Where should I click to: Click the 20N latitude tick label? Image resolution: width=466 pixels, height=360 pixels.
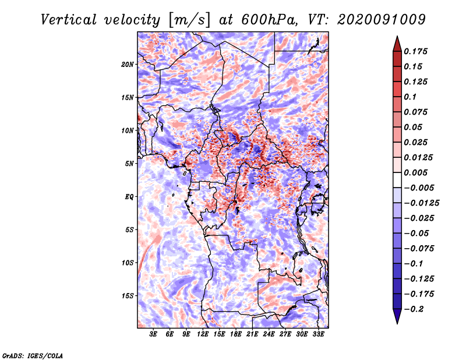pyautogui.click(x=127, y=65)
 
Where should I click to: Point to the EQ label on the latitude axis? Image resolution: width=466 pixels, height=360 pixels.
pyautogui.click(x=129, y=197)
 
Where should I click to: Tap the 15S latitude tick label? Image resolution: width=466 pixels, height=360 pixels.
pyautogui.click(x=127, y=296)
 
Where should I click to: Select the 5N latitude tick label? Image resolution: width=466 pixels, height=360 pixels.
pyautogui.click(x=129, y=164)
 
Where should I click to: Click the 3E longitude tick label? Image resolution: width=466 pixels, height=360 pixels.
pyautogui.click(x=153, y=334)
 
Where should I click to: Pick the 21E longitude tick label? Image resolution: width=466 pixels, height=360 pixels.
pyautogui.click(x=252, y=334)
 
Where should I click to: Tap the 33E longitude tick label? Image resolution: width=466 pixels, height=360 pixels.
pyautogui.click(x=318, y=334)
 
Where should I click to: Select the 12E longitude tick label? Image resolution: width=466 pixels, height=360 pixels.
pyautogui.click(x=202, y=334)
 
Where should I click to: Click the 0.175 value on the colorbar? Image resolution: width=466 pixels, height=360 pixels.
pyautogui.click(x=415, y=51)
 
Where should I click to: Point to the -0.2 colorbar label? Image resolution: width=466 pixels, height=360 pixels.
pyautogui.click(x=414, y=309)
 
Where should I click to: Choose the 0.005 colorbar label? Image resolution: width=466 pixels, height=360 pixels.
pyautogui.click(x=415, y=172)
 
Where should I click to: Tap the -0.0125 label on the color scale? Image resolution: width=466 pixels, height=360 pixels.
pyautogui.click(x=421, y=203)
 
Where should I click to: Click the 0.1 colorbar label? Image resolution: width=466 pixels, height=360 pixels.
pyautogui.click(x=410, y=97)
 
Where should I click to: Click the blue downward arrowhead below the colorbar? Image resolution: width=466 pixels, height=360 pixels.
pyautogui.click(x=397, y=316)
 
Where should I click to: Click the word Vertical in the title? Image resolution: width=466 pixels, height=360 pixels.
pyautogui.click(x=68, y=20)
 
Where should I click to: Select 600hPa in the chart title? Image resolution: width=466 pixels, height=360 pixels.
pyautogui.click(x=269, y=20)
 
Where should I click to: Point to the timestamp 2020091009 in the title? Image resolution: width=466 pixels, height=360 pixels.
pyautogui.click(x=382, y=20)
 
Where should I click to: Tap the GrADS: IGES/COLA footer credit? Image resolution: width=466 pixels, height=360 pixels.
pyautogui.click(x=33, y=355)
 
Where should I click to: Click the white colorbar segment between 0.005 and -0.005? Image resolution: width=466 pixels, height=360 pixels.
pyautogui.click(x=397, y=180)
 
